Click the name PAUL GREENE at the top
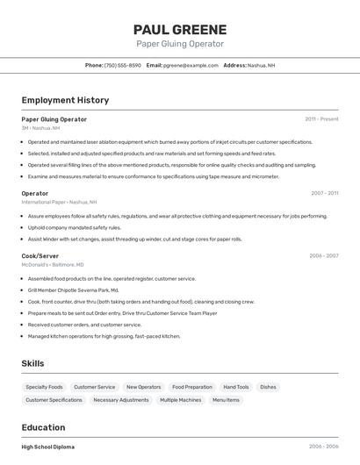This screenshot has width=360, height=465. (180, 30)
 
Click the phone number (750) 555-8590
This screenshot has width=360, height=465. (122, 65)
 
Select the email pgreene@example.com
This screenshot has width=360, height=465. (191, 65)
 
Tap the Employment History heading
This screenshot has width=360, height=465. (65, 100)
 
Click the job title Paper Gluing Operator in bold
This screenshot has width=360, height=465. (54, 119)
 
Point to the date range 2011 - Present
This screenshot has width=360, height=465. (321, 119)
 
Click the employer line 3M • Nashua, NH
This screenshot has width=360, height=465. (40, 128)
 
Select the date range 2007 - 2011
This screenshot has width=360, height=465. (324, 193)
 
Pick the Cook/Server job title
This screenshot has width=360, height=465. (40, 256)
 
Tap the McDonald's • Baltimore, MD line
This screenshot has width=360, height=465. (53, 265)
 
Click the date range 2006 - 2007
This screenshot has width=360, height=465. (323, 256)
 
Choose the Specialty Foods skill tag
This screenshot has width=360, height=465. (44, 387)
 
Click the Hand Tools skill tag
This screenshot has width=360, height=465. (236, 387)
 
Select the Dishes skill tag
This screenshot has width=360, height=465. (268, 387)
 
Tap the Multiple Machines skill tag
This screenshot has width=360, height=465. (180, 400)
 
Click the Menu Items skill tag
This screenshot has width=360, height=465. (226, 400)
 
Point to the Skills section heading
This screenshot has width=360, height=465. (32, 363)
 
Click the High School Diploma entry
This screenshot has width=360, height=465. (48, 447)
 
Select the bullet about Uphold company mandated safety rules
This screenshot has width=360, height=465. (74, 227)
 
